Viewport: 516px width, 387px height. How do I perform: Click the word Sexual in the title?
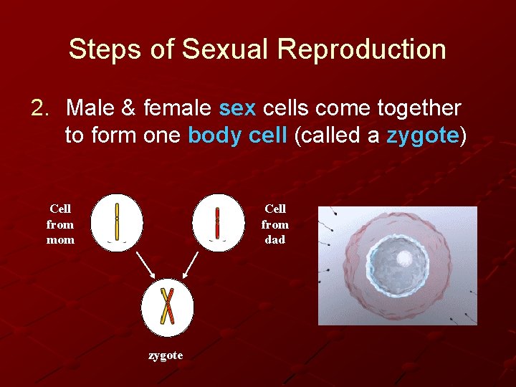click(x=226, y=49)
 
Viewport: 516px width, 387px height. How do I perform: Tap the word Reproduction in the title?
click(x=362, y=49)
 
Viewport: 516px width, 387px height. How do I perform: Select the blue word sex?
click(x=236, y=109)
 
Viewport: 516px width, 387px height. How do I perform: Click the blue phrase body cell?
click(x=237, y=136)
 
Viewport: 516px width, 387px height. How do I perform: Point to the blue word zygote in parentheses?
click(x=422, y=136)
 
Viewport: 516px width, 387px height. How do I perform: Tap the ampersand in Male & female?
click(x=128, y=109)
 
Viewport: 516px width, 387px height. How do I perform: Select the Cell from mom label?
click(x=60, y=224)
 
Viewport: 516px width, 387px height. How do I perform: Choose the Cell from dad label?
click(x=275, y=224)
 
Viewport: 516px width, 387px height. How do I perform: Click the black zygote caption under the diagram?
click(x=166, y=355)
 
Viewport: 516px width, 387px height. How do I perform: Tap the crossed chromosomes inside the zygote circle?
click(x=167, y=305)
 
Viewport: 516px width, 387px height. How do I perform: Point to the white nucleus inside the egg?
click(x=404, y=259)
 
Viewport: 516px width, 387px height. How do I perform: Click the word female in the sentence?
click(x=177, y=109)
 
